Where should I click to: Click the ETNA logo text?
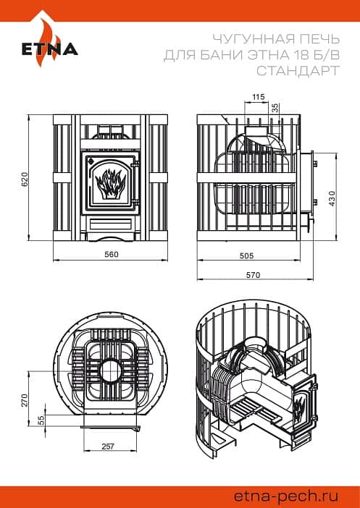tap(50, 49)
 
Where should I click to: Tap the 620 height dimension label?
tap(25, 179)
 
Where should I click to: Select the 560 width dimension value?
tap(112, 254)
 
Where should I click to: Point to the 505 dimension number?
tap(246, 255)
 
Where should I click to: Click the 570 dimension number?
tap(253, 275)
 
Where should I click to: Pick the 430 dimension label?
tap(332, 198)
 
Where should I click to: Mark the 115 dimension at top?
tap(259, 96)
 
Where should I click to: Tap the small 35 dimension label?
tap(275, 108)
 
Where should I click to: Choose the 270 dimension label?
tap(25, 400)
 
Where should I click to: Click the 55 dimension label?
tap(41, 420)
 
